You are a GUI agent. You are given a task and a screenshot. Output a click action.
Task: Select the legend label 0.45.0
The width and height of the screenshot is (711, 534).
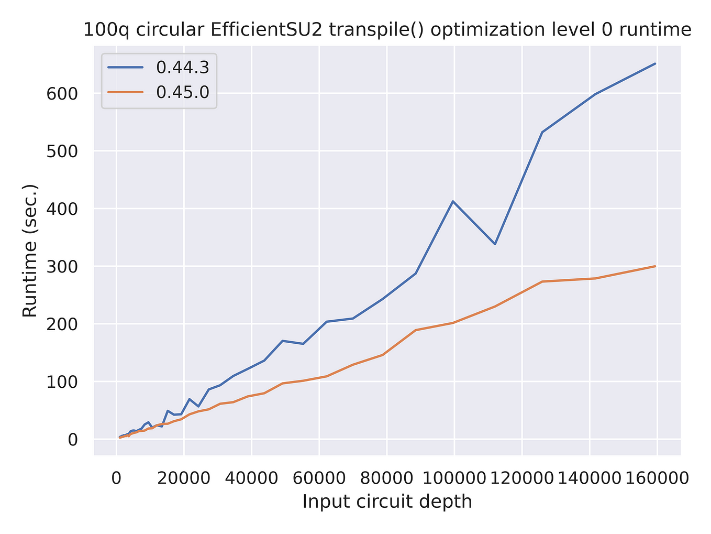click(183, 92)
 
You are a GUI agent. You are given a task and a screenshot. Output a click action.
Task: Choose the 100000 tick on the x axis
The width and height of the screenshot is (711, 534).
click(454, 478)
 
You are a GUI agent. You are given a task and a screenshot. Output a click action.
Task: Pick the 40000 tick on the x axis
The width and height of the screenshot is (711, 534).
click(251, 478)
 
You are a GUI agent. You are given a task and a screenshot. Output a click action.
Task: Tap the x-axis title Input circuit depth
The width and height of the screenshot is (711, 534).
click(387, 502)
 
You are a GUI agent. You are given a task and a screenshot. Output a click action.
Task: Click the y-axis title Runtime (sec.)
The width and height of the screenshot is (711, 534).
click(30, 250)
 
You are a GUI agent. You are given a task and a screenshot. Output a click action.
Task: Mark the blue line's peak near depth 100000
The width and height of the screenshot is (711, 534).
click(453, 201)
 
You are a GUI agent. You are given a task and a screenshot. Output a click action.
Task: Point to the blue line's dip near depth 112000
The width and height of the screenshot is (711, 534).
click(495, 244)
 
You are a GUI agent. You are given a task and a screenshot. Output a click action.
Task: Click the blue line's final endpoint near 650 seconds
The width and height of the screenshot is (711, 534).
click(655, 63)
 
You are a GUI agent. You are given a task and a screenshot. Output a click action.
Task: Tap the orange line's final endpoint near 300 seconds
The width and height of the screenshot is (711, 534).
click(655, 266)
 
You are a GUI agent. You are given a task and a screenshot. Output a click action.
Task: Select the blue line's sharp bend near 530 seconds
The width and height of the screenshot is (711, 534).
click(542, 132)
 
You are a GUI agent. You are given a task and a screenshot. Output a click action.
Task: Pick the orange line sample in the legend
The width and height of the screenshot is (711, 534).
click(125, 92)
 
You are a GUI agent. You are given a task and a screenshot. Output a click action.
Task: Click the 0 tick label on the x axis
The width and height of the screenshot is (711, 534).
click(116, 478)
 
